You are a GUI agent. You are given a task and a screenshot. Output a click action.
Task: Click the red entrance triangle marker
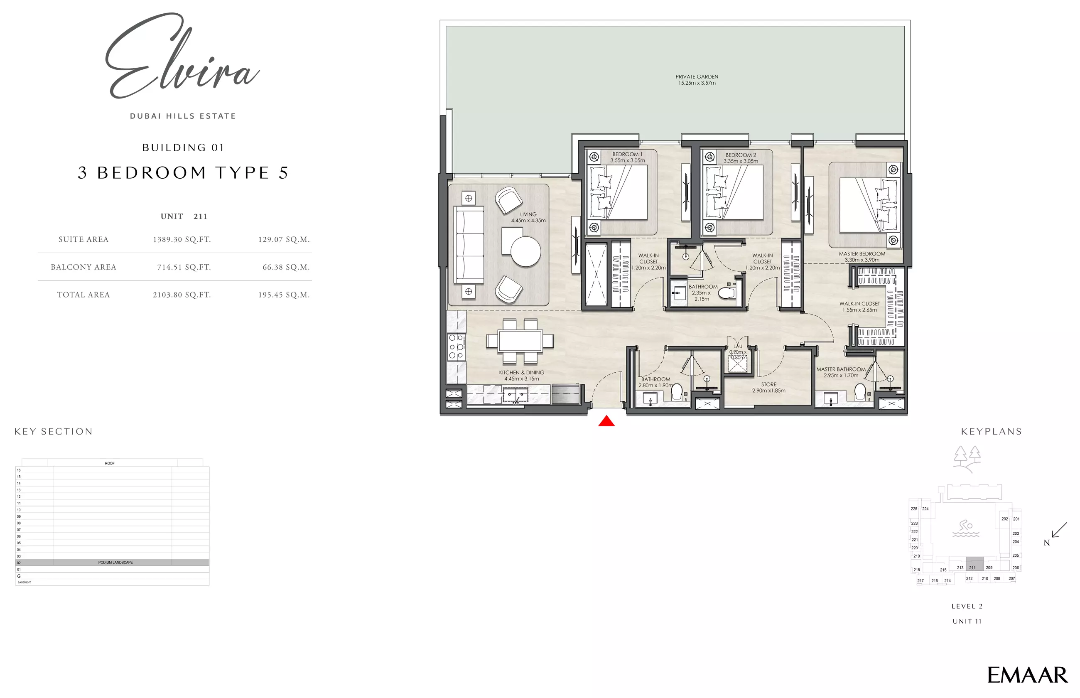pyautogui.click(x=606, y=422)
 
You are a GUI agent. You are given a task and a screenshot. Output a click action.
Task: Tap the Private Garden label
pyautogui.click(x=697, y=80)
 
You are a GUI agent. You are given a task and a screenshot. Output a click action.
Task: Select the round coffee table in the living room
pyautogui.click(x=525, y=251)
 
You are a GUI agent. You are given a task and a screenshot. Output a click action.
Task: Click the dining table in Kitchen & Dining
pyautogui.click(x=520, y=341)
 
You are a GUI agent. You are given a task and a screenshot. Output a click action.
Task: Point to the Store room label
pyautogui.click(x=769, y=388)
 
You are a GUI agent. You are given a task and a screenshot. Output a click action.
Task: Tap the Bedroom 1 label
pyautogui.click(x=627, y=157)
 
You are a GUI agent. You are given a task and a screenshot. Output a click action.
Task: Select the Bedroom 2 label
pyautogui.click(x=741, y=158)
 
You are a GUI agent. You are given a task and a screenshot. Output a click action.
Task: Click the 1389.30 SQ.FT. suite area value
pyautogui.click(x=182, y=239)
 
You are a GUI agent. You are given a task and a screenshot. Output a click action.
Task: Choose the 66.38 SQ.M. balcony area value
pyautogui.click(x=286, y=267)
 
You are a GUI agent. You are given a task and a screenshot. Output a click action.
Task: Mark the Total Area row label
pyautogui.click(x=83, y=295)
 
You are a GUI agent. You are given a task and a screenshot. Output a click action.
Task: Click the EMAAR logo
pyautogui.click(x=1027, y=675)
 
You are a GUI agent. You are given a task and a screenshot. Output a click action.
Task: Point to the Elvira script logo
pyautogui.click(x=181, y=57)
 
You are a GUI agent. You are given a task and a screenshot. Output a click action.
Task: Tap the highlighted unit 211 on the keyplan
pyautogui.click(x=974, y=564)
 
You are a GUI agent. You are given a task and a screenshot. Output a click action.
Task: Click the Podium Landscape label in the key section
pyautogui.click(x=115, y=563)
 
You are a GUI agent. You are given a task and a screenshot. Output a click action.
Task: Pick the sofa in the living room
pyautogui.click(x=469, y=245)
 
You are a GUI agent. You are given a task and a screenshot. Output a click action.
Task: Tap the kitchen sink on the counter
pyautogui.click(x=515, y=394)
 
